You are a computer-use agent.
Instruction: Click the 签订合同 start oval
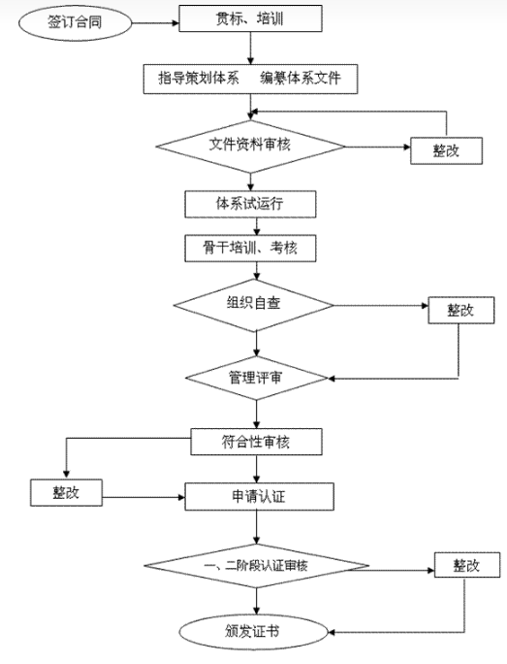pyautogui.click(x=75, y=22)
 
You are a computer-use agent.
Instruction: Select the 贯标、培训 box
pyautogui.click(x=250, y=18)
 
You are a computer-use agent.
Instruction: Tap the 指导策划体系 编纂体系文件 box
pyautogui.click(x=250, y=79)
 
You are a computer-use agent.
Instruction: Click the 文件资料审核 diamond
pyautogui.click(x=250, y=147)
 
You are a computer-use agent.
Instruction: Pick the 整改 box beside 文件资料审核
pyautogui.click(x=446, y=150)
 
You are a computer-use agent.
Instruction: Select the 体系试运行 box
pyautogui.click(x=250, y=204)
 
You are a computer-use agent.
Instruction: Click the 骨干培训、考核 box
pyautogui.click(x=250, y=248)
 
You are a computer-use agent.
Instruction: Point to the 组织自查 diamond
pyautogui.click(x=254, y=305)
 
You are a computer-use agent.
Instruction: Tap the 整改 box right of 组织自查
pyautogui.click(x=460, y=310)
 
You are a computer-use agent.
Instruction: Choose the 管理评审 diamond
pyautogui.click(x=256, y=378)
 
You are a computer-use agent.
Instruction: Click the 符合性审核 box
pyautogui.click(x=256, y=442)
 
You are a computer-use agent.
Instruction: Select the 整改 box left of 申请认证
pyautogui.click(x=66, y=492)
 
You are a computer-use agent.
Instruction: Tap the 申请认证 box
pyautogui.click(x=259, y=496)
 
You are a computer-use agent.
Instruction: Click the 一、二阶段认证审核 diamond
pyautogui.click(x=256, y=566)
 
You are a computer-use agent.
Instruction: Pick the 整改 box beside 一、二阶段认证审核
pyautogui.click(x=467, y=565)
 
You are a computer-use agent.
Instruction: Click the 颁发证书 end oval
pyautogui.click(x=253, y=632)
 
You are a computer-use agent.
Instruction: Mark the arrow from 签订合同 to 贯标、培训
pyautogui.click(x=155, y=23)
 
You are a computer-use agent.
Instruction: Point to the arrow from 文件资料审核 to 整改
pyautogui.click(x=378, y=147)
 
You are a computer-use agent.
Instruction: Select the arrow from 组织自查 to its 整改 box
pyautogui.click(x=381, y=306)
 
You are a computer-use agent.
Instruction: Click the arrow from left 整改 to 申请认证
pyautogui.click(x=143, y=497)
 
